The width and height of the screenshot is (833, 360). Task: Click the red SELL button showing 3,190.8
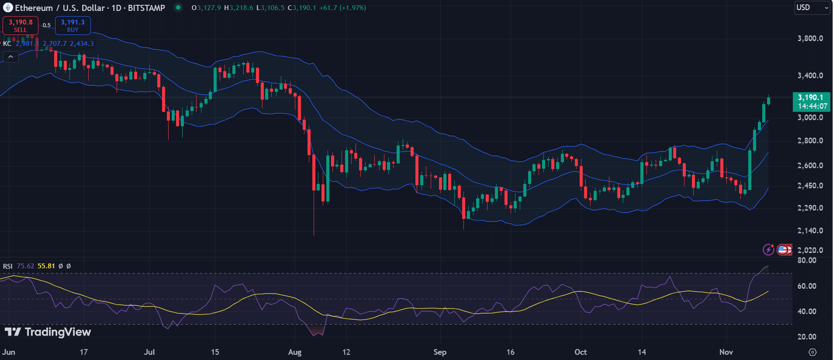(21, 25)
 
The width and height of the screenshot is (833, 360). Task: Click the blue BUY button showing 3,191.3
(73, 25)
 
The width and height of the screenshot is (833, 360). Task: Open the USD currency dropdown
(812, 7)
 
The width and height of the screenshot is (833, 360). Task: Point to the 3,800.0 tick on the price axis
(810, 38)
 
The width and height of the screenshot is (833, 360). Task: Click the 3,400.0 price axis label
(810, 76)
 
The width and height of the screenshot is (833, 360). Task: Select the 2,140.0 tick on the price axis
(810, 231)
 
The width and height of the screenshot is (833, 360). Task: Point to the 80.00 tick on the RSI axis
(807, 260)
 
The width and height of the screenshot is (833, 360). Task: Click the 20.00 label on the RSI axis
(807, 337)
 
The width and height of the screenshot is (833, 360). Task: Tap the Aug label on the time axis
(295, 352)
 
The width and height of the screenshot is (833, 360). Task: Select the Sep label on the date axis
(440, 352)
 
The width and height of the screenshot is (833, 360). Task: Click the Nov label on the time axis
(726, 352)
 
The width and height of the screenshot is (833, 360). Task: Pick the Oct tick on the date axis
(581, 352)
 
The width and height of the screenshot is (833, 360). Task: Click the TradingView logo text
(48, 332)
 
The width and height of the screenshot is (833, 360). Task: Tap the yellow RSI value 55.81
(46, 266)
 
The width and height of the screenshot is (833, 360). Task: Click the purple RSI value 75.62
(25, 266)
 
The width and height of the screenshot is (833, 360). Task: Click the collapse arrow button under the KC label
(11, 57)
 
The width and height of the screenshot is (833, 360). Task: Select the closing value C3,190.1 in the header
(302, 8)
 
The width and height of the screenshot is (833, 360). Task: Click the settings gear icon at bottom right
(812, 352)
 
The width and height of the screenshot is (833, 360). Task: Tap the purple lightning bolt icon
(768, 249)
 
